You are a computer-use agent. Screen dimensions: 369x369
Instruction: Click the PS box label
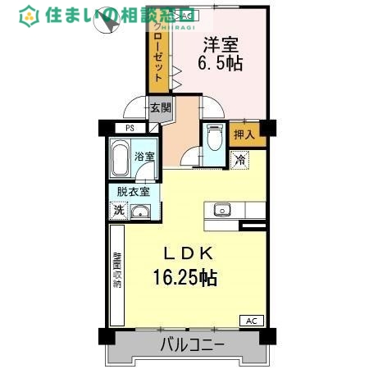pos(129,128)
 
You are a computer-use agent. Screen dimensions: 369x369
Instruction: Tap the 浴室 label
pos(145,154)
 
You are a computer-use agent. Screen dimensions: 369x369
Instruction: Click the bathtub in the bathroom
pos(121,159)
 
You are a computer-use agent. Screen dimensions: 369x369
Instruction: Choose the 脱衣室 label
pos(133,192)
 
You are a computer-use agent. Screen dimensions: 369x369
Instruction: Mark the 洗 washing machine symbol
pos(119,211)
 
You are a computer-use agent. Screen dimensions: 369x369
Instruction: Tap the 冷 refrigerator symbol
pos(240,161)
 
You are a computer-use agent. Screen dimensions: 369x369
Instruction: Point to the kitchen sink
pos(222,210)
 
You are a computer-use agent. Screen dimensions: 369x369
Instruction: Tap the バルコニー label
pos(191,346)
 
